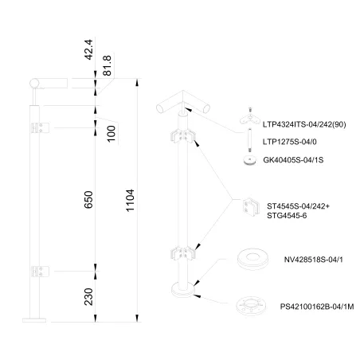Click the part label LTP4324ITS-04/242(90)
click(303, 124)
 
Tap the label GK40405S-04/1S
click(292, 159)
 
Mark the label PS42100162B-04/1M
click(317, 303)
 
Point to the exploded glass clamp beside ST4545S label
click(251, 207)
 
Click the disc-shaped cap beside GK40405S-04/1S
click(248, 158)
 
